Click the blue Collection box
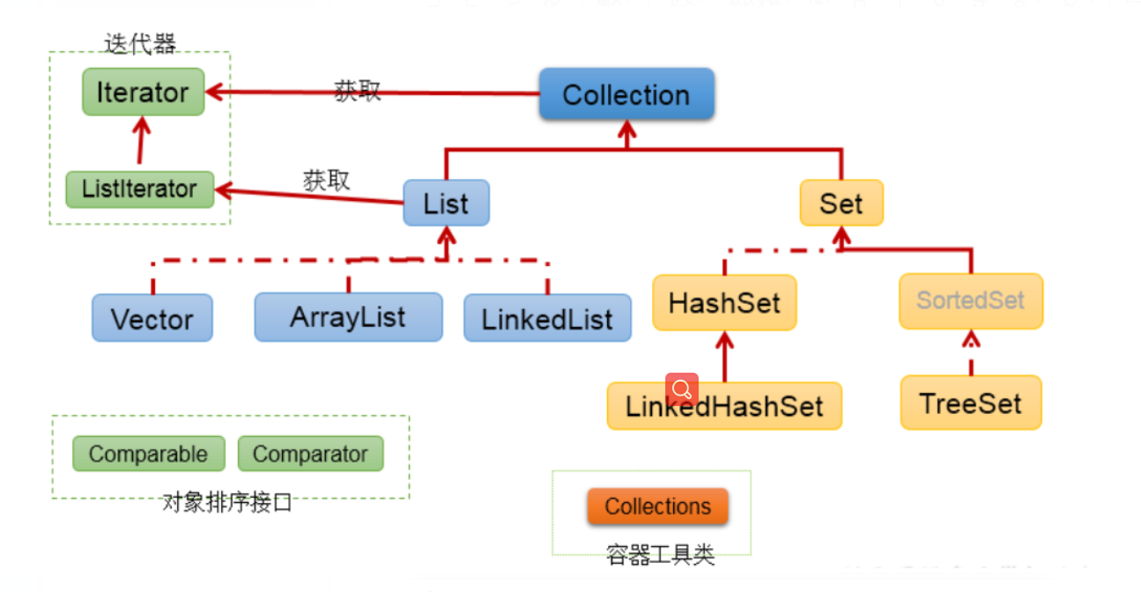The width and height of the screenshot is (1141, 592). (626, 94)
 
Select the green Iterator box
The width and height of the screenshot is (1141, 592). (143, 92)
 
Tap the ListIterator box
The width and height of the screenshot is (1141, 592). (140, 189)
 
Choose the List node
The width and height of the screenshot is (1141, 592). (446, 203)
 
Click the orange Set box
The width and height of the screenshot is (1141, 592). (841, 203)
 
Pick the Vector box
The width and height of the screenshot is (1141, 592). (152, 318)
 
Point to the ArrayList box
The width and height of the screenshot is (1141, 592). (348, 317)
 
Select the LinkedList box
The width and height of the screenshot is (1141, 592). (547, 318)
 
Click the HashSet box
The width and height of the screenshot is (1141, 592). (724, 302)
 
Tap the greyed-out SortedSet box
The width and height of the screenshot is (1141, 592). (971, 301)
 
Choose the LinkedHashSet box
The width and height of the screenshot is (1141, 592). (724, 406)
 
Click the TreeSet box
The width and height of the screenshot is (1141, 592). (971, 403)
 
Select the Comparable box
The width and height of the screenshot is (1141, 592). (148, 454)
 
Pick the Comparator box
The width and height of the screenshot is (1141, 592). (310, 454)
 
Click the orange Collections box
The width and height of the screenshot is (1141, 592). (657, 507)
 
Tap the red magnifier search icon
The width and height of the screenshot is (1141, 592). (682, 388)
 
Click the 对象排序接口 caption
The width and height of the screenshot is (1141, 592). (227, 503)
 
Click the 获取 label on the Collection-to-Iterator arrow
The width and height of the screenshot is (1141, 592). (357, 89)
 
